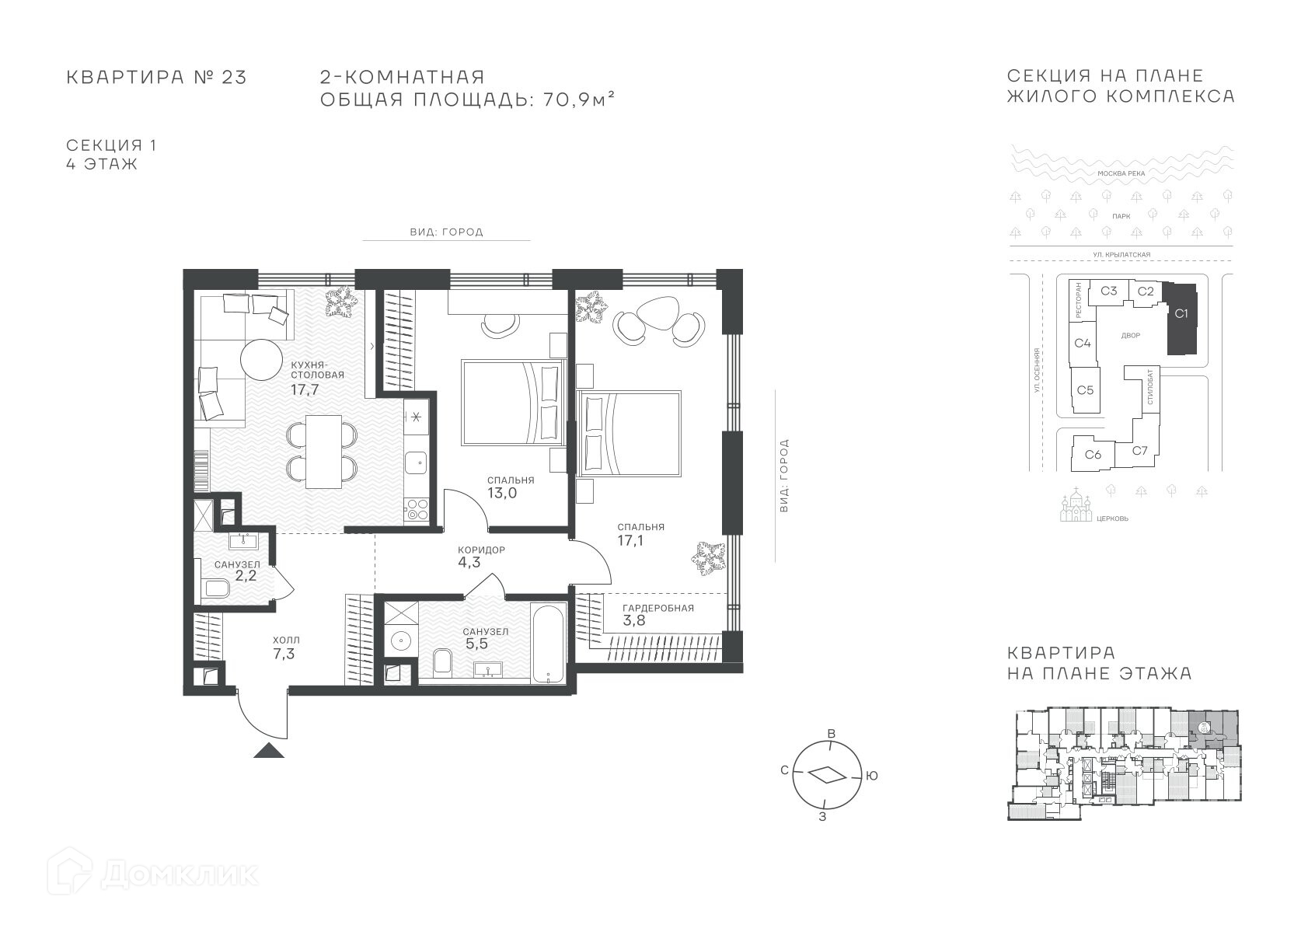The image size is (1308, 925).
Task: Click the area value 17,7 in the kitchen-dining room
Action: tap(305, 389)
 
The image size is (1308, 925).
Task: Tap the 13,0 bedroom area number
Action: tap(502, 493)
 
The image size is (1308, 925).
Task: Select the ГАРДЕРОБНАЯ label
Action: tap(658, 608)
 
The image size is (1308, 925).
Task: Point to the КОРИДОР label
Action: tap(481, 550)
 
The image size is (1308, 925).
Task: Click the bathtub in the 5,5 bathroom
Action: tap(548, 643)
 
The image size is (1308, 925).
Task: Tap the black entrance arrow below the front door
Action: tap(269, 750)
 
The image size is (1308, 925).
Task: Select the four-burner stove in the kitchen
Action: tap(417, 509)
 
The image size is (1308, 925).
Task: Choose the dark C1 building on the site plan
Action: tap(1181, 319)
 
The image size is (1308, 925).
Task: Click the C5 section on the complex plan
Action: tap(1086, 390)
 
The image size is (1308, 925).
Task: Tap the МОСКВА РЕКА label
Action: tap(1121, 173)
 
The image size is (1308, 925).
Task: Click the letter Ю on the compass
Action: tap(871, 776)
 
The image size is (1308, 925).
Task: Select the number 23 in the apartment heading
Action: tap(234, 78)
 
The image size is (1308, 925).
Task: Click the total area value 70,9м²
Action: tap(579, 99)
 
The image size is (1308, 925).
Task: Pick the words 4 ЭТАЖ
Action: tap(102, 164)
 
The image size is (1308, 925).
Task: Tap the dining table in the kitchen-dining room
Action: tap(323, 452)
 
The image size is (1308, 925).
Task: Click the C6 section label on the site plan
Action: tap(1093, 454)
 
